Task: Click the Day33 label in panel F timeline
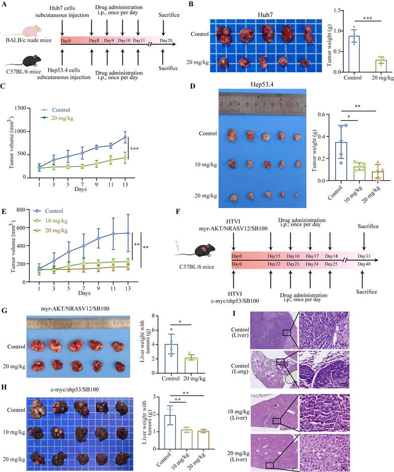(364, 256)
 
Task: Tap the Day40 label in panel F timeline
(364, 265)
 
